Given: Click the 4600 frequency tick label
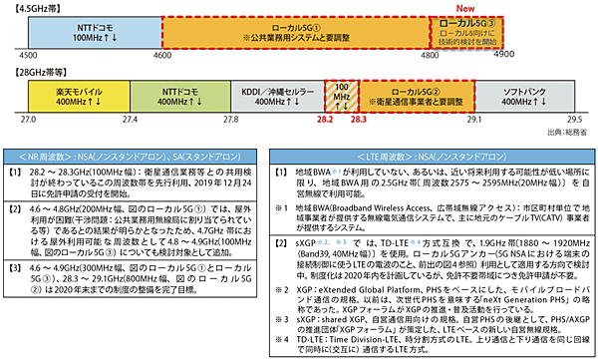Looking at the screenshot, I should click(x=161, y=57).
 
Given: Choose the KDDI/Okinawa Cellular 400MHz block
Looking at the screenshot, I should click(x=275, y=96).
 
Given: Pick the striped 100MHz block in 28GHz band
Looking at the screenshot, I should click(x=344, y=96).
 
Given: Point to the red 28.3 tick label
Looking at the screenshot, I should click(x=359, y=119).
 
